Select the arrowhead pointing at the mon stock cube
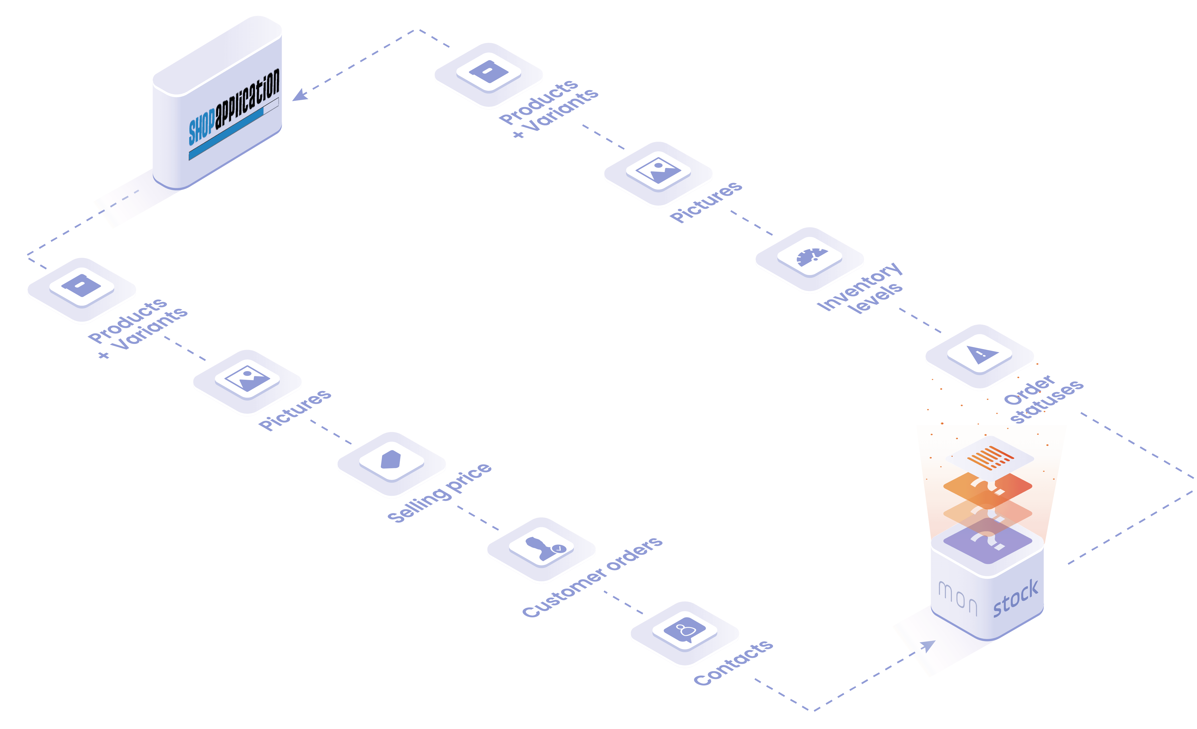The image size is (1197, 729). coord(928,646)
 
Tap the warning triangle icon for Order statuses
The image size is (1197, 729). coord(982,354)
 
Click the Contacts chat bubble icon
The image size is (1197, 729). coord(685,630)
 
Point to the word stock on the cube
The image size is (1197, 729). coord(1015,598)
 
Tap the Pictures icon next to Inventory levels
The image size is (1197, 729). coord(658,170)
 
